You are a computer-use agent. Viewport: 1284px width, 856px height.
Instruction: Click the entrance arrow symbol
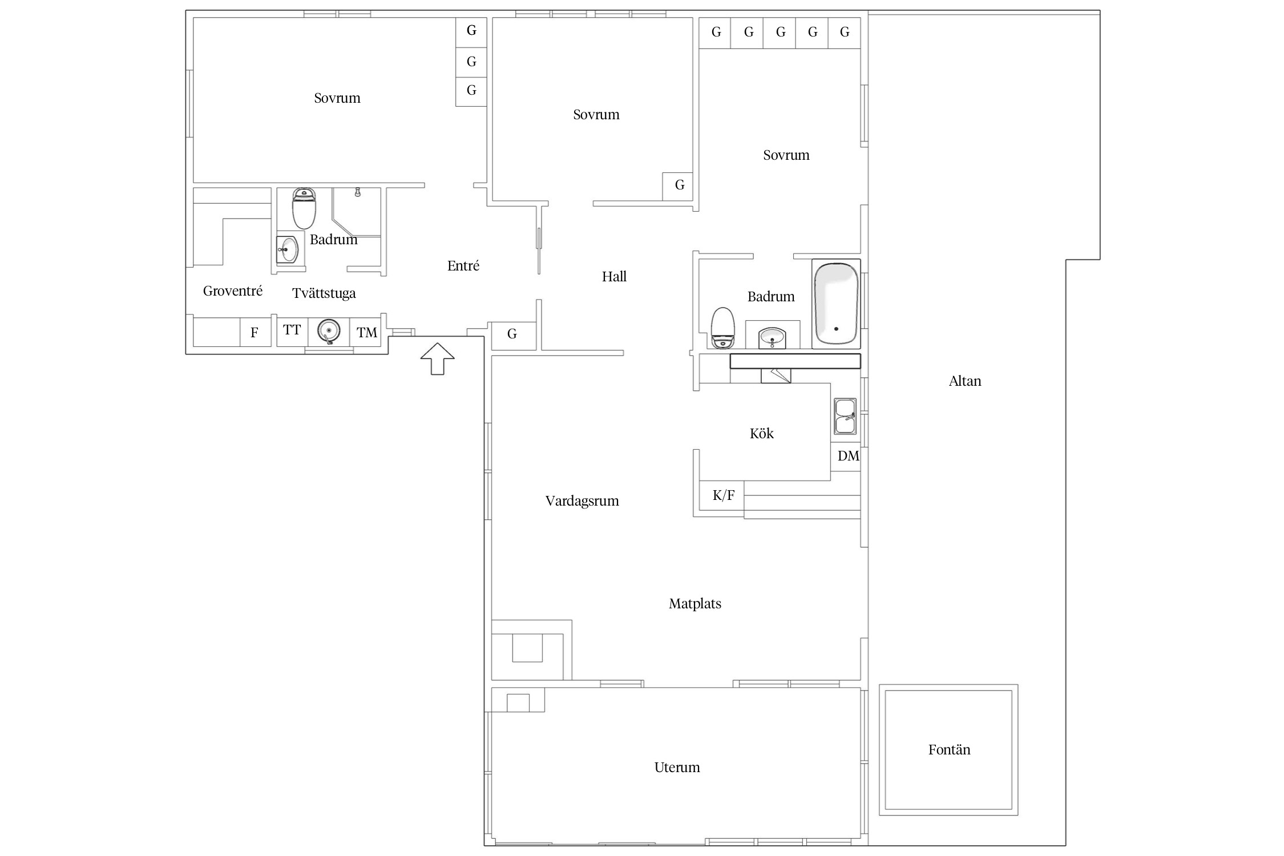(437, 358)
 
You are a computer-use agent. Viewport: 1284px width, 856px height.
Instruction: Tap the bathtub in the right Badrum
(836, 304)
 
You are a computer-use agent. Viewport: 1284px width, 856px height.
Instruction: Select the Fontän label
(949, 749)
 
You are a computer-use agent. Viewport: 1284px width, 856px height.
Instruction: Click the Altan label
(965, 381)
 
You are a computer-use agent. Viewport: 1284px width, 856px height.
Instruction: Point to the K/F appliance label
(723, 495)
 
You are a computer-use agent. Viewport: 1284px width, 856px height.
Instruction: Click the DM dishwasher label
(848, 456)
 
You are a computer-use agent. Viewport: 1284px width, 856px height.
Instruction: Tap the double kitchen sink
(845, 417)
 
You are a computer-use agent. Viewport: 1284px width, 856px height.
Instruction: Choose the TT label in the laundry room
(292, 330)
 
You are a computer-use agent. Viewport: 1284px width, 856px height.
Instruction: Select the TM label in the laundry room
(367, 333)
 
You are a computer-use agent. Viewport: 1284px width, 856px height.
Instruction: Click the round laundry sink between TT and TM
(329, 331)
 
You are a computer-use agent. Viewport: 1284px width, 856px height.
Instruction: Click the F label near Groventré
(255, 333)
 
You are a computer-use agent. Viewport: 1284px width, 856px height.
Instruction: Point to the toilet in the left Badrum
(304, 208)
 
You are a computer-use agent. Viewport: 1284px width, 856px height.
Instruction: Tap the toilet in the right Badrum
(722, 328)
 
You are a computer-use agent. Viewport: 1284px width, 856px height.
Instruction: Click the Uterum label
(677, 768)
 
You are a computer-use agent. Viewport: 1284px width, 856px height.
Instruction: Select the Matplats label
(695, 604)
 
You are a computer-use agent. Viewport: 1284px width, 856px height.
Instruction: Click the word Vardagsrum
(582, 501)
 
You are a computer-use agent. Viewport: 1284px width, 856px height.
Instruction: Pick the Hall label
(614, 277)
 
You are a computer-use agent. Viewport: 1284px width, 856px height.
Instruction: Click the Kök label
(761, 434)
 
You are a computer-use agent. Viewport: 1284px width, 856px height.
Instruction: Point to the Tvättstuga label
(324, 293)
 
